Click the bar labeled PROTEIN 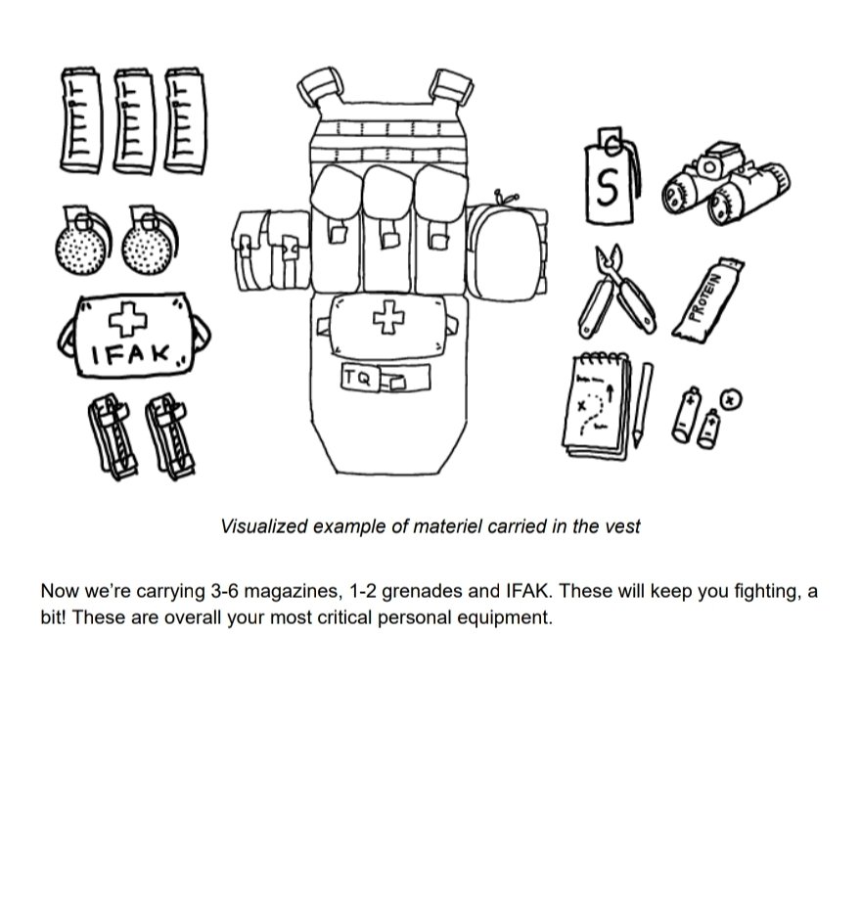point(709,297)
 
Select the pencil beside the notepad point(642,403)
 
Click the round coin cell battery point(732,398)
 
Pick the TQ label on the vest point(358,378)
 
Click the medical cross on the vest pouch point(389,316)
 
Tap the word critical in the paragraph point(350,618)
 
